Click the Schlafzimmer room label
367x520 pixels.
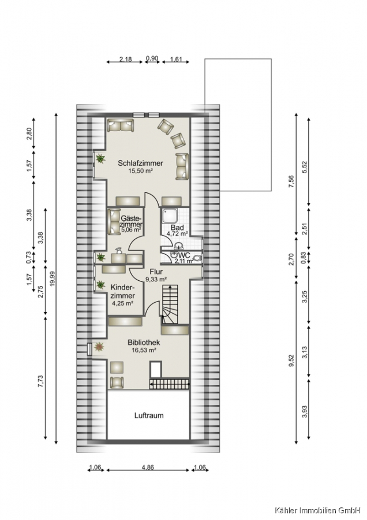[140, 163]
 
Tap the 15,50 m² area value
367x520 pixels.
[140, 171]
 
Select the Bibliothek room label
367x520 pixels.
[144, 343]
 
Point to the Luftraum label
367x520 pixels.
[149, 415]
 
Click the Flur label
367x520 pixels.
[156, 272]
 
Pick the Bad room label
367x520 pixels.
[177, 228]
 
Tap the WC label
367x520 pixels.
[184, 255]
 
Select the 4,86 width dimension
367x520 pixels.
[148, 467]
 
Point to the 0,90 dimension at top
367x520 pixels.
[152, 58]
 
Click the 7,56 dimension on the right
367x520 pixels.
[291, 182]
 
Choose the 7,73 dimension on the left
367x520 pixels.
[41, 381]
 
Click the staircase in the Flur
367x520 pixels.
[171, 304]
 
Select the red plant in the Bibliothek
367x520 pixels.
[99, 347]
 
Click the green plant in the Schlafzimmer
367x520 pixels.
[100, 159]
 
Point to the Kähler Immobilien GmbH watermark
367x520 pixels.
[317, 510]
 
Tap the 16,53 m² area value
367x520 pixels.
[144, 350]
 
